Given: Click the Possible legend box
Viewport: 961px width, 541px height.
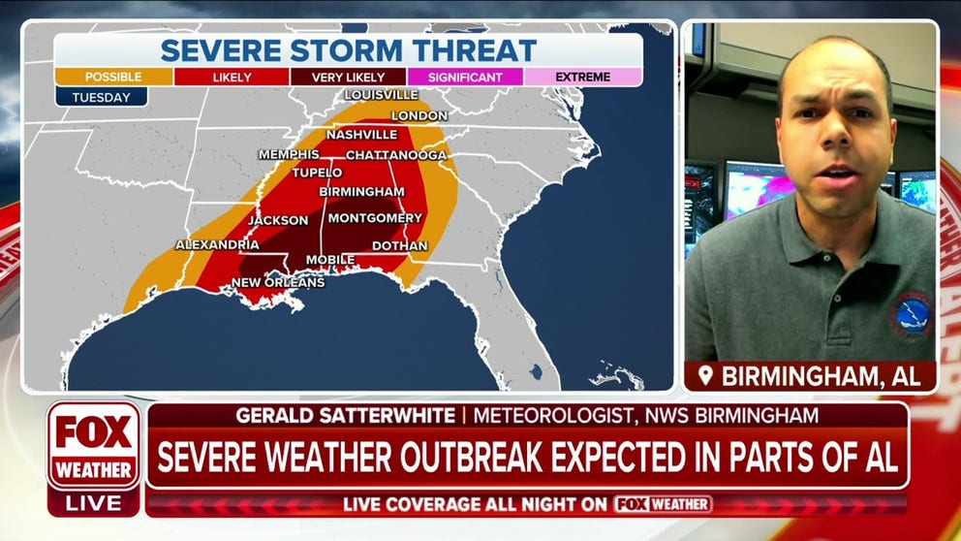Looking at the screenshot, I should [113, 77].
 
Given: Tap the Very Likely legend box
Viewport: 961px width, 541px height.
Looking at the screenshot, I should [348, 77].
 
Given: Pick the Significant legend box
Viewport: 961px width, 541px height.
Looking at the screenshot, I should [466, 77].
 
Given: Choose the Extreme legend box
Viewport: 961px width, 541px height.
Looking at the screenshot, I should [583, 77].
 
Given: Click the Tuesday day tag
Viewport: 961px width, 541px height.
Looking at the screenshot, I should [101, 97].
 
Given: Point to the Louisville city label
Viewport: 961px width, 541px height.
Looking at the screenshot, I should [382, 95].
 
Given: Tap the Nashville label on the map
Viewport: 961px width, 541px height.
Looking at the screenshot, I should [361, 135].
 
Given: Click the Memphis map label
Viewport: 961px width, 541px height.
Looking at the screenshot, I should [289, 154].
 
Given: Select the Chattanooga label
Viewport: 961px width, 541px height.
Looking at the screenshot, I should [396, 155].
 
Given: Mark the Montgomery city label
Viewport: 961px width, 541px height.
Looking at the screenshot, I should [375, 218].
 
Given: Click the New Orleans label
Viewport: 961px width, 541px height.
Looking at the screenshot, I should [277, 282].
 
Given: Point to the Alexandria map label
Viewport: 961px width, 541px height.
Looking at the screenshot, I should [217, 244].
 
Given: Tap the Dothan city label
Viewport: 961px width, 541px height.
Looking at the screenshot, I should [399, 246].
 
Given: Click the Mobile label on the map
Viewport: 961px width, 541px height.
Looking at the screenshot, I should [330, 260].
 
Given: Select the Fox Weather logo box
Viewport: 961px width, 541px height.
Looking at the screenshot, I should [94, 446].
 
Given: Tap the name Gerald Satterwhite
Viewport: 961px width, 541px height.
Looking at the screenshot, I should [344, 416].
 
